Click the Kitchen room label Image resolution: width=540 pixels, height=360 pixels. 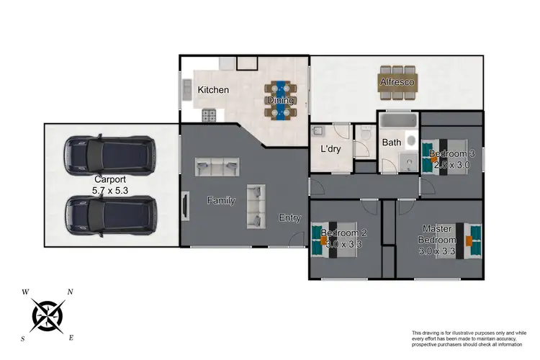point(213,90)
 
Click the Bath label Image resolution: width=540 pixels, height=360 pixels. point(391,143)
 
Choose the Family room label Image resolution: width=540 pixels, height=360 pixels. point(221,201)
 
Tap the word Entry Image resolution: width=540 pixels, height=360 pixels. point(290,218)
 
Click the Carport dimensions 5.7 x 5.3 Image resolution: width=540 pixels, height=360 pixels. point(111,192)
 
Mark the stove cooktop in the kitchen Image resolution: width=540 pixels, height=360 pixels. point(210,114)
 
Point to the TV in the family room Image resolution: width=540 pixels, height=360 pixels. point(184,205)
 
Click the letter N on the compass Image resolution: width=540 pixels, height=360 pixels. point(70,292)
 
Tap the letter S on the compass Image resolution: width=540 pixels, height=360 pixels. point(23,338)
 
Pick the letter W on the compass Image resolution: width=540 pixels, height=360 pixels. point(26,292)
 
